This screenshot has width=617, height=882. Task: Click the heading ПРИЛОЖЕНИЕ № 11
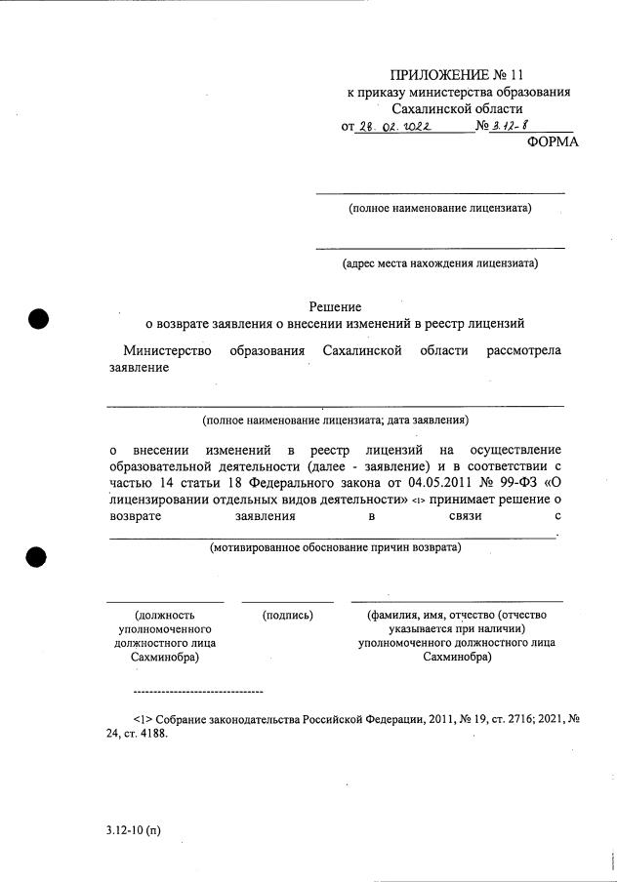[x=459, y=75]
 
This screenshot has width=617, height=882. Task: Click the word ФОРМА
[x=552, y=141]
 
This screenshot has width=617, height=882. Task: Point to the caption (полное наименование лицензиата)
[x=440, y=208]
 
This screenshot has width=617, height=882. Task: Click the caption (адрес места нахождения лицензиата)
[x=439, y=262]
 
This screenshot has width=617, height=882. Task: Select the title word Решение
[x=335, y=305]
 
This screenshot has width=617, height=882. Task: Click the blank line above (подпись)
[x=287, y=601]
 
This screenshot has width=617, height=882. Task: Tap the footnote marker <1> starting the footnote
[x=143, y=719]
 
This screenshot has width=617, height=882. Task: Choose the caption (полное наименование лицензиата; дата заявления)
[x=335, y=420]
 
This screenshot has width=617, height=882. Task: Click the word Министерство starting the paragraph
[x=167, y=351]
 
